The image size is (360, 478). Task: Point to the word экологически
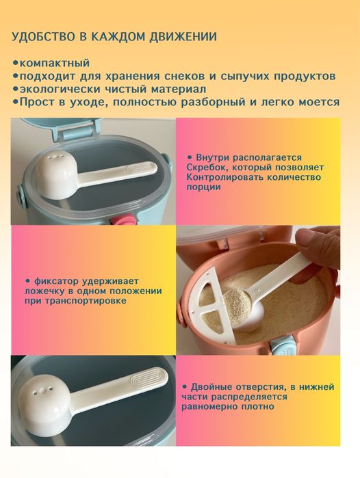56,88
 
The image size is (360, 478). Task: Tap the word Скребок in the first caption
209,167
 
